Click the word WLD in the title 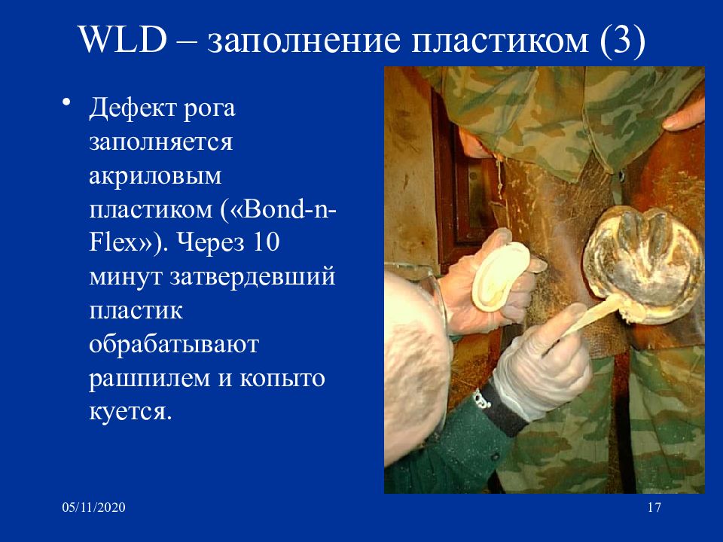(123, 39)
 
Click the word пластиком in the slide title (499, 40)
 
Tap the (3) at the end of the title (622, 40)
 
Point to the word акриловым (155, 175)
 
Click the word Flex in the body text (113, 242)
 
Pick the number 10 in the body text (265, 242)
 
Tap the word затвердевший (252, 277)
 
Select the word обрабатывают (174, 344)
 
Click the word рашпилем (149, 379)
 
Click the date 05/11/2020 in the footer (93, 507)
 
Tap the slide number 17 (654, 507)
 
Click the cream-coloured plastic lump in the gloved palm (502, 276)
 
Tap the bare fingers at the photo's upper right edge (685, 116)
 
